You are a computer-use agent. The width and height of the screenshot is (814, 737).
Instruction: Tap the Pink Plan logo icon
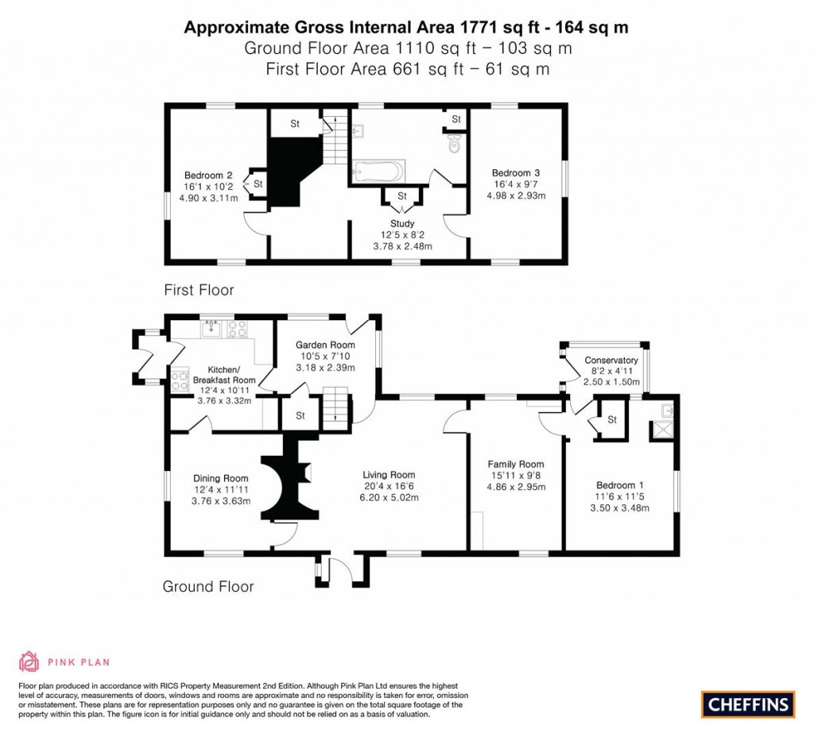[29, 661]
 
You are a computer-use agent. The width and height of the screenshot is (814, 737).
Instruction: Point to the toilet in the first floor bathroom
[454, 145]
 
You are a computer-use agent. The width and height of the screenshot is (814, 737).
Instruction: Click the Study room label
[402, 224]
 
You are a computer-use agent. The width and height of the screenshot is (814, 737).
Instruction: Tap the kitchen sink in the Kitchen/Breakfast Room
[211, 326]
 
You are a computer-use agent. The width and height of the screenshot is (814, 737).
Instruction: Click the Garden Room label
[325, 345]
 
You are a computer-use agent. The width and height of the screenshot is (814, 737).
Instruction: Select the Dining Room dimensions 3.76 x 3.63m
[220, 501]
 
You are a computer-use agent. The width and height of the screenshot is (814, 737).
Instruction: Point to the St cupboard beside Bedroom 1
[612, 420]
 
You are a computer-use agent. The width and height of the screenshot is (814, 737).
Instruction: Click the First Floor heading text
[199, 290]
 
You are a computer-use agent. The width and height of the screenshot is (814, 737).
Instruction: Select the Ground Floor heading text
[207, 587]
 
